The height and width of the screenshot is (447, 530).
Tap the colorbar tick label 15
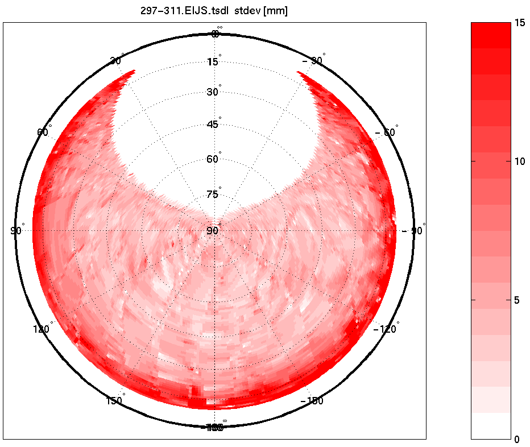[x=519, y=23]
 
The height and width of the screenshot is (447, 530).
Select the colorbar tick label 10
[x=519, y=162]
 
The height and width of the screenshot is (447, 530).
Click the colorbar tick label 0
[x=516, y=439]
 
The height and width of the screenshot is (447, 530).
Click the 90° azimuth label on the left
[x=16, y=230]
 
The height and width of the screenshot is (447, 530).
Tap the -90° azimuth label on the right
[x=413, y=231]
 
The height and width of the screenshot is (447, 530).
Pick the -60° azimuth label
[x=387, y=132]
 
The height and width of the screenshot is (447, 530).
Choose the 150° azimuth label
[x=115, y=401]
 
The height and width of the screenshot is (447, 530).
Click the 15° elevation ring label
[x=213, y=61]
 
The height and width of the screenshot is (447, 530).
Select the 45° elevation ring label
[x=213, y=125]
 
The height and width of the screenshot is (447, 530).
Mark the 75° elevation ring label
[x=213, y=194]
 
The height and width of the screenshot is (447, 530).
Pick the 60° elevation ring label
[x=213, y=159]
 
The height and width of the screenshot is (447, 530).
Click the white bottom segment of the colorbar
[x=491, y=426]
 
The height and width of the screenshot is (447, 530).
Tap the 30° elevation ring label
[x=213, y=92]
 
